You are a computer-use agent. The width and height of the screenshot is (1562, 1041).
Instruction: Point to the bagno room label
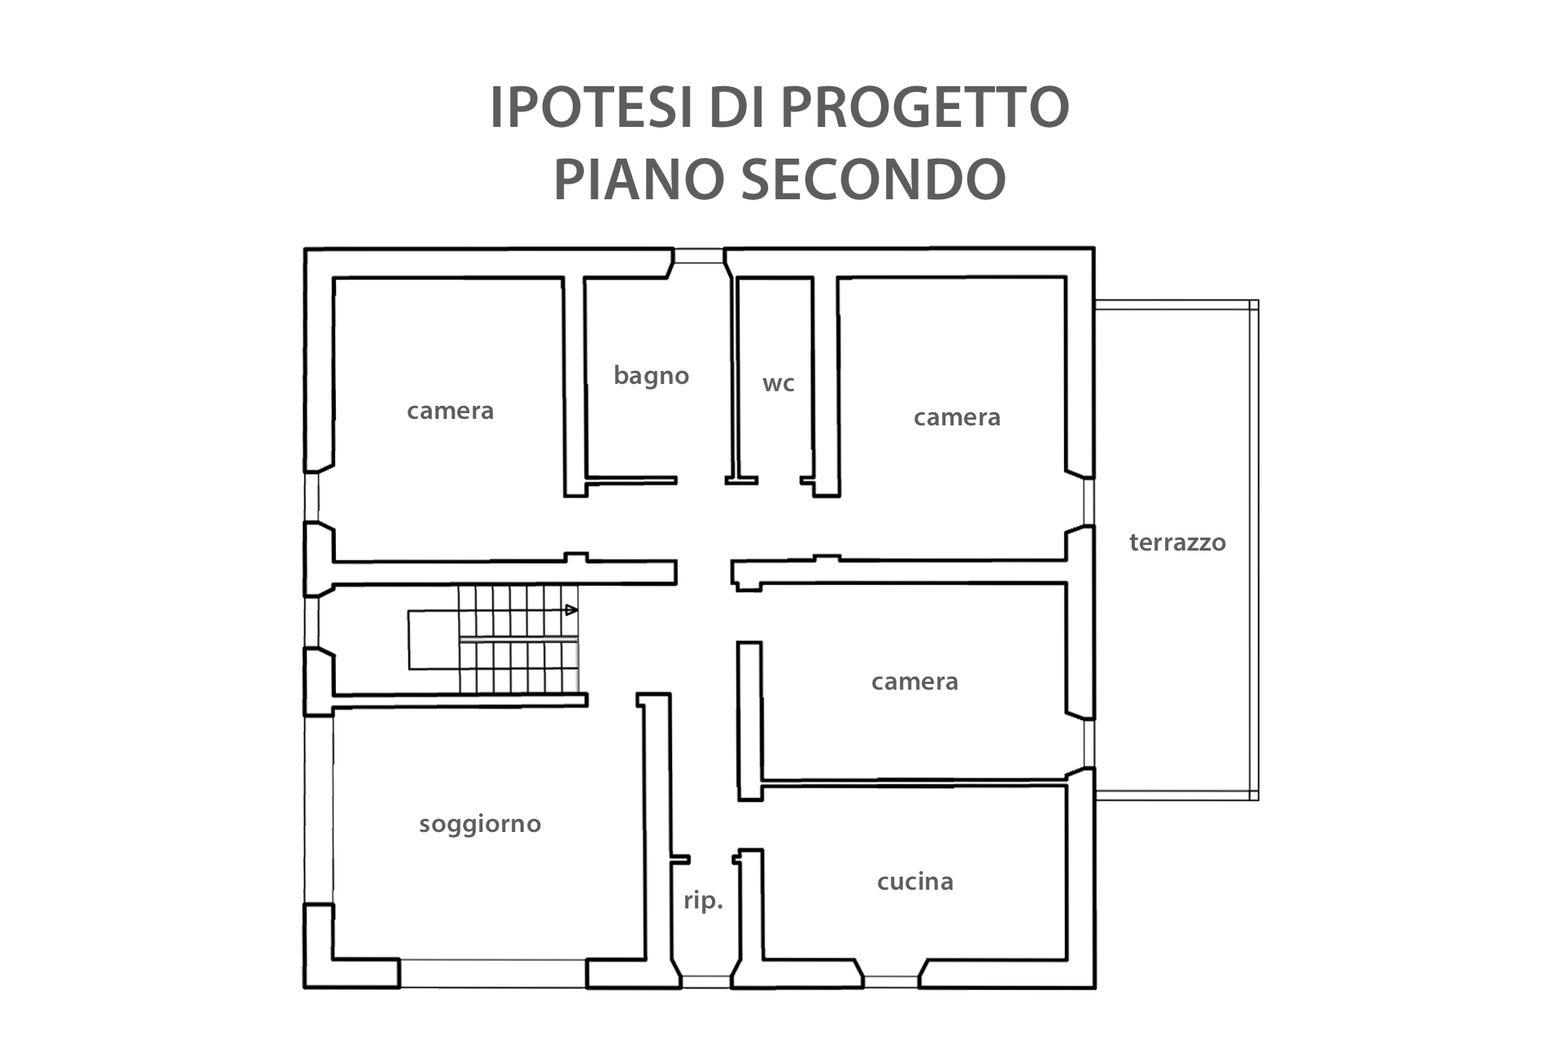[x=651, y=375]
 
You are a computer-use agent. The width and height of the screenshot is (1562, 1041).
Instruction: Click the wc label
[x=778, y=383]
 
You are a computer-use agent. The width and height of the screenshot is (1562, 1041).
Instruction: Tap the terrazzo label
[x=1177, y=542]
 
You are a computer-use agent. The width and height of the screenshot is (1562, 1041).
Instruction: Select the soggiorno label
[x=480, y=825]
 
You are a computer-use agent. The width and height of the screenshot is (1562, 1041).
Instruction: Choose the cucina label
[x=915, y=882]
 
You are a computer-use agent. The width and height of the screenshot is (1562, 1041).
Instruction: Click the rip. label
[x=703, y=901]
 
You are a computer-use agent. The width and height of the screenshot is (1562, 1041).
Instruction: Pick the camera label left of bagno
[x=450, y=411]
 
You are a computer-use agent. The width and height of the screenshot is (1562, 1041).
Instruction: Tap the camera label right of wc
[x=957, y=417]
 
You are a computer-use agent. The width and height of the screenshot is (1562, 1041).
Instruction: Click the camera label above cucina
[x=914, y=682]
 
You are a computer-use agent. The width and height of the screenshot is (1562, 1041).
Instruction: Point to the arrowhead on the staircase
[x=572, y=609]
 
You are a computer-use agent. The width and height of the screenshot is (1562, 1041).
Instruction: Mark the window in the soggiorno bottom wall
[x=493, y=973]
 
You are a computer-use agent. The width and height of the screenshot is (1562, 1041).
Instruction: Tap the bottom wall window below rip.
[x=705, y=982]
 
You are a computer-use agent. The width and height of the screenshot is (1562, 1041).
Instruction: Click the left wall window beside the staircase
[x=312, y=622]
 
